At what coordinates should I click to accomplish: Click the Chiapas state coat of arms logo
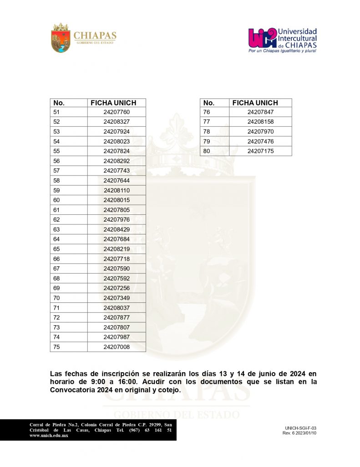tap(61, 37)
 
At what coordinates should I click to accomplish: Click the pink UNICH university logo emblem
tap(262, 38)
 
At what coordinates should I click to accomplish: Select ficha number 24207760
tap(117, 112)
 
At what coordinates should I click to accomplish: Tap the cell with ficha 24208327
tap(117, 122)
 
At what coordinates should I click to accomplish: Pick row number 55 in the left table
tap(57, 151)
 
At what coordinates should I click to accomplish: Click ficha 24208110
tap(117, 190)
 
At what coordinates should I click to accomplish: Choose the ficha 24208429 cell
tap(117, 229)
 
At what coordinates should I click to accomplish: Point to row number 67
tap(57, 268)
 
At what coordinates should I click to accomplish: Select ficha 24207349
tap(117, 298)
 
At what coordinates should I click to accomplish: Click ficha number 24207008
tap(117, 347)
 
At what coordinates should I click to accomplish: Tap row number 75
tap(57, 347)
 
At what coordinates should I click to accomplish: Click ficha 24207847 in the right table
tap(261, 112)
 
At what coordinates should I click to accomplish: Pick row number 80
tap(207, 151)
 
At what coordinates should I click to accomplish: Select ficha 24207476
tap(261, 141)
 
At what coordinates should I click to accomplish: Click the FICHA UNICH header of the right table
tap(255, 103)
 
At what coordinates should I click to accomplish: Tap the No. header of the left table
tap(59, 103)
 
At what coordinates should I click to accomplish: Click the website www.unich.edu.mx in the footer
tap(49, 436)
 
